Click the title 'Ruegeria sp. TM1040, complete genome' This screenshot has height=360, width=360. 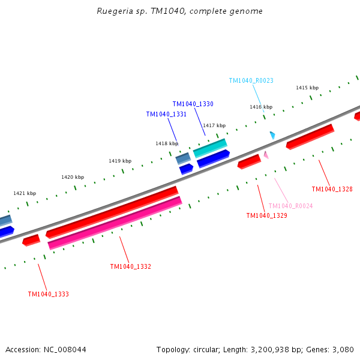tap(179, 11)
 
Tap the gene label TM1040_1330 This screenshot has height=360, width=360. tap(193, 104)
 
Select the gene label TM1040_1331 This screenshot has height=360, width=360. tap(166, 115)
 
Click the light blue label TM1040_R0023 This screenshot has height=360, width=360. tap(251, 80)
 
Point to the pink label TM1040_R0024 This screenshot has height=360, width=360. tap(290, 206)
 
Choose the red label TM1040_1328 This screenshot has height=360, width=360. tap(332, 189)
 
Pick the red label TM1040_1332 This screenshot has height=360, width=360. tap(130, 266)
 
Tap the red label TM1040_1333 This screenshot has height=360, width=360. tap(48, 294)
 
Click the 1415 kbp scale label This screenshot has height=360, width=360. tap(307, 88)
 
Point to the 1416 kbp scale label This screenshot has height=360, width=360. tap(261, 107)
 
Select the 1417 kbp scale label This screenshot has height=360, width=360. tap(214, 125)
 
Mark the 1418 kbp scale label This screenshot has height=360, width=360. tap(167, 143)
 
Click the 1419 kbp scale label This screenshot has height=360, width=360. tap(120, 161)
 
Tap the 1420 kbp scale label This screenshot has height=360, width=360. tap(73, 177)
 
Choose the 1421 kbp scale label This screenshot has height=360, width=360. tap(25, 193)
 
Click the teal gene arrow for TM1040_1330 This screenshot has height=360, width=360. tap(210, 148)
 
